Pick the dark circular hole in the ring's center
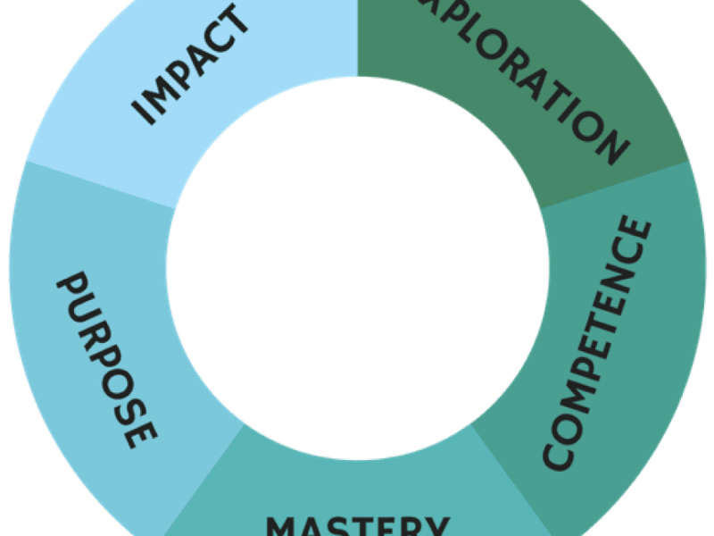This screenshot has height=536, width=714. (357, 268)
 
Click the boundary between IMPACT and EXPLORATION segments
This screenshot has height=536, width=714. (357, 40)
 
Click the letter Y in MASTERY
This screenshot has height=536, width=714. (433, 526)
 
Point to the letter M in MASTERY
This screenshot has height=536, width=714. (285, 526)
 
